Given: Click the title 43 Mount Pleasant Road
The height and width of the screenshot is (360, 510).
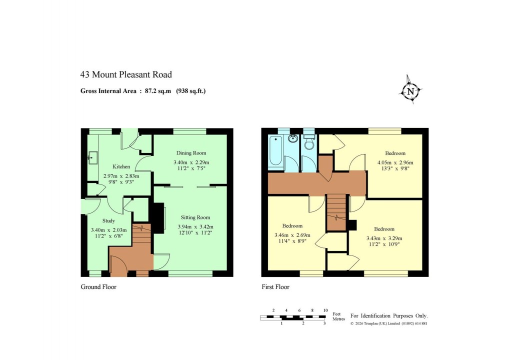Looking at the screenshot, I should pos(126,75).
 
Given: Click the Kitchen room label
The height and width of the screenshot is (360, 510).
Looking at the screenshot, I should pos(121,167).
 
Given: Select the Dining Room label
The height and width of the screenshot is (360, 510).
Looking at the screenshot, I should pos(191,153).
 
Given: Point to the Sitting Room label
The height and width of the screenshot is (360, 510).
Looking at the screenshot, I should pos(194,217).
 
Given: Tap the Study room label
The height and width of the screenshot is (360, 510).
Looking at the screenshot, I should pos(108,220).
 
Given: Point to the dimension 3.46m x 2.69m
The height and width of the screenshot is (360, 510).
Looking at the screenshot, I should pos(292,235).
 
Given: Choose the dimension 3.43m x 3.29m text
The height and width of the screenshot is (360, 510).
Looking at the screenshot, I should pos(384,238).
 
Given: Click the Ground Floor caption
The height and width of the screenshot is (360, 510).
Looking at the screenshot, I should pos(98,287).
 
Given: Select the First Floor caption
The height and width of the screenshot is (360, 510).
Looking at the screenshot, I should pos(275,287).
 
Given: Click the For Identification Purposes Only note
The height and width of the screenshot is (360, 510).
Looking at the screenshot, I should pos(388,316).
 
